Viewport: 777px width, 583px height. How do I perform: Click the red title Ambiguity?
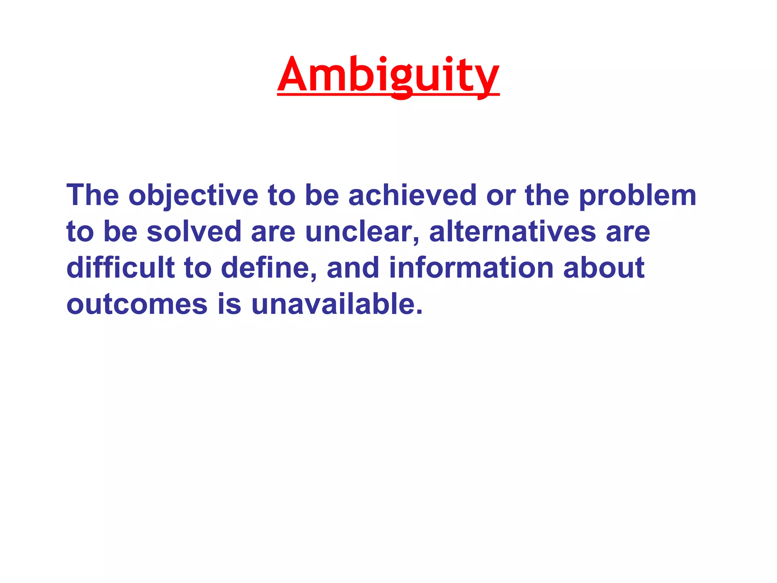click(388, 75)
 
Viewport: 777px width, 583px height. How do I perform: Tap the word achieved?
click(412, 195)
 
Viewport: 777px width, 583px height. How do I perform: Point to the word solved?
click(194, 232)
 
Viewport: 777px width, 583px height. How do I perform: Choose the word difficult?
click(120, 268)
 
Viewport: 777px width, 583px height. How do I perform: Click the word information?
click(471, 268)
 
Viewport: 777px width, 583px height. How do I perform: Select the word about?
click(604, 268)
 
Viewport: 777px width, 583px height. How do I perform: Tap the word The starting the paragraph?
click(93, 195)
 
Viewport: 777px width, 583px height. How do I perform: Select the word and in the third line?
click(353, 268)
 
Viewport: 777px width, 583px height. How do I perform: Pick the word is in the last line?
click(229, 304)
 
